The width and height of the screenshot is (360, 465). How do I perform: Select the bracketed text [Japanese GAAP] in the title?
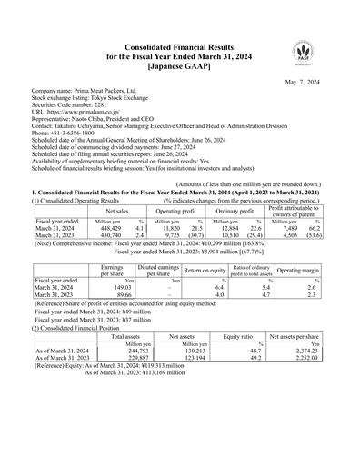click(180, 42)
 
